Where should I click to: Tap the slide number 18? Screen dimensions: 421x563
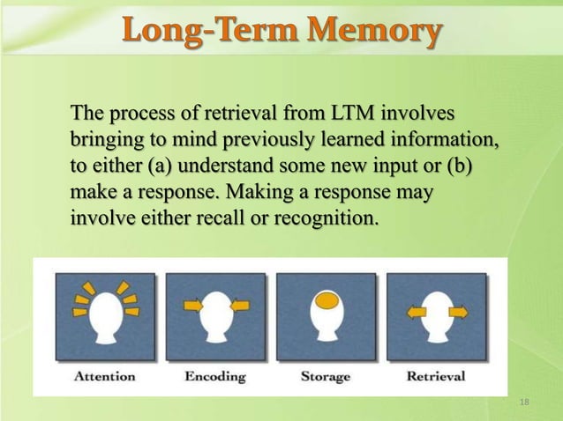[526, 403]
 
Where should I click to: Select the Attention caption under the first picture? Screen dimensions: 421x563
[105, 376]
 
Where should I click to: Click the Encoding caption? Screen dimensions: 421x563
[215, 376]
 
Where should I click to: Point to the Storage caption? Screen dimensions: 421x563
[326, 376]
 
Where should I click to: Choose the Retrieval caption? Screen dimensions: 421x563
[436, 376]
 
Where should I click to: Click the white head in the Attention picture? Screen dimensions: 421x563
[105, 317]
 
